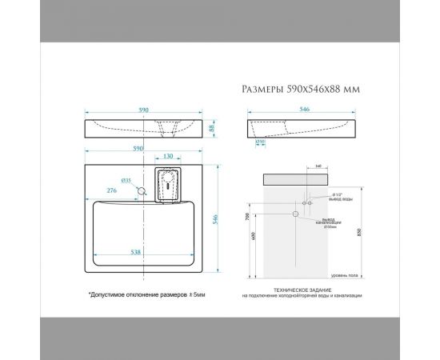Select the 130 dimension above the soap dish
click(x=167, y=158)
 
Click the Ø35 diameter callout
click(x=126, y=181)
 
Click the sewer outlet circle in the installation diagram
click(x=296, y=214)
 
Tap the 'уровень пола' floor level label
click(x=346, y=274)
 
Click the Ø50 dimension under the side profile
click(x=261, y=142)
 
